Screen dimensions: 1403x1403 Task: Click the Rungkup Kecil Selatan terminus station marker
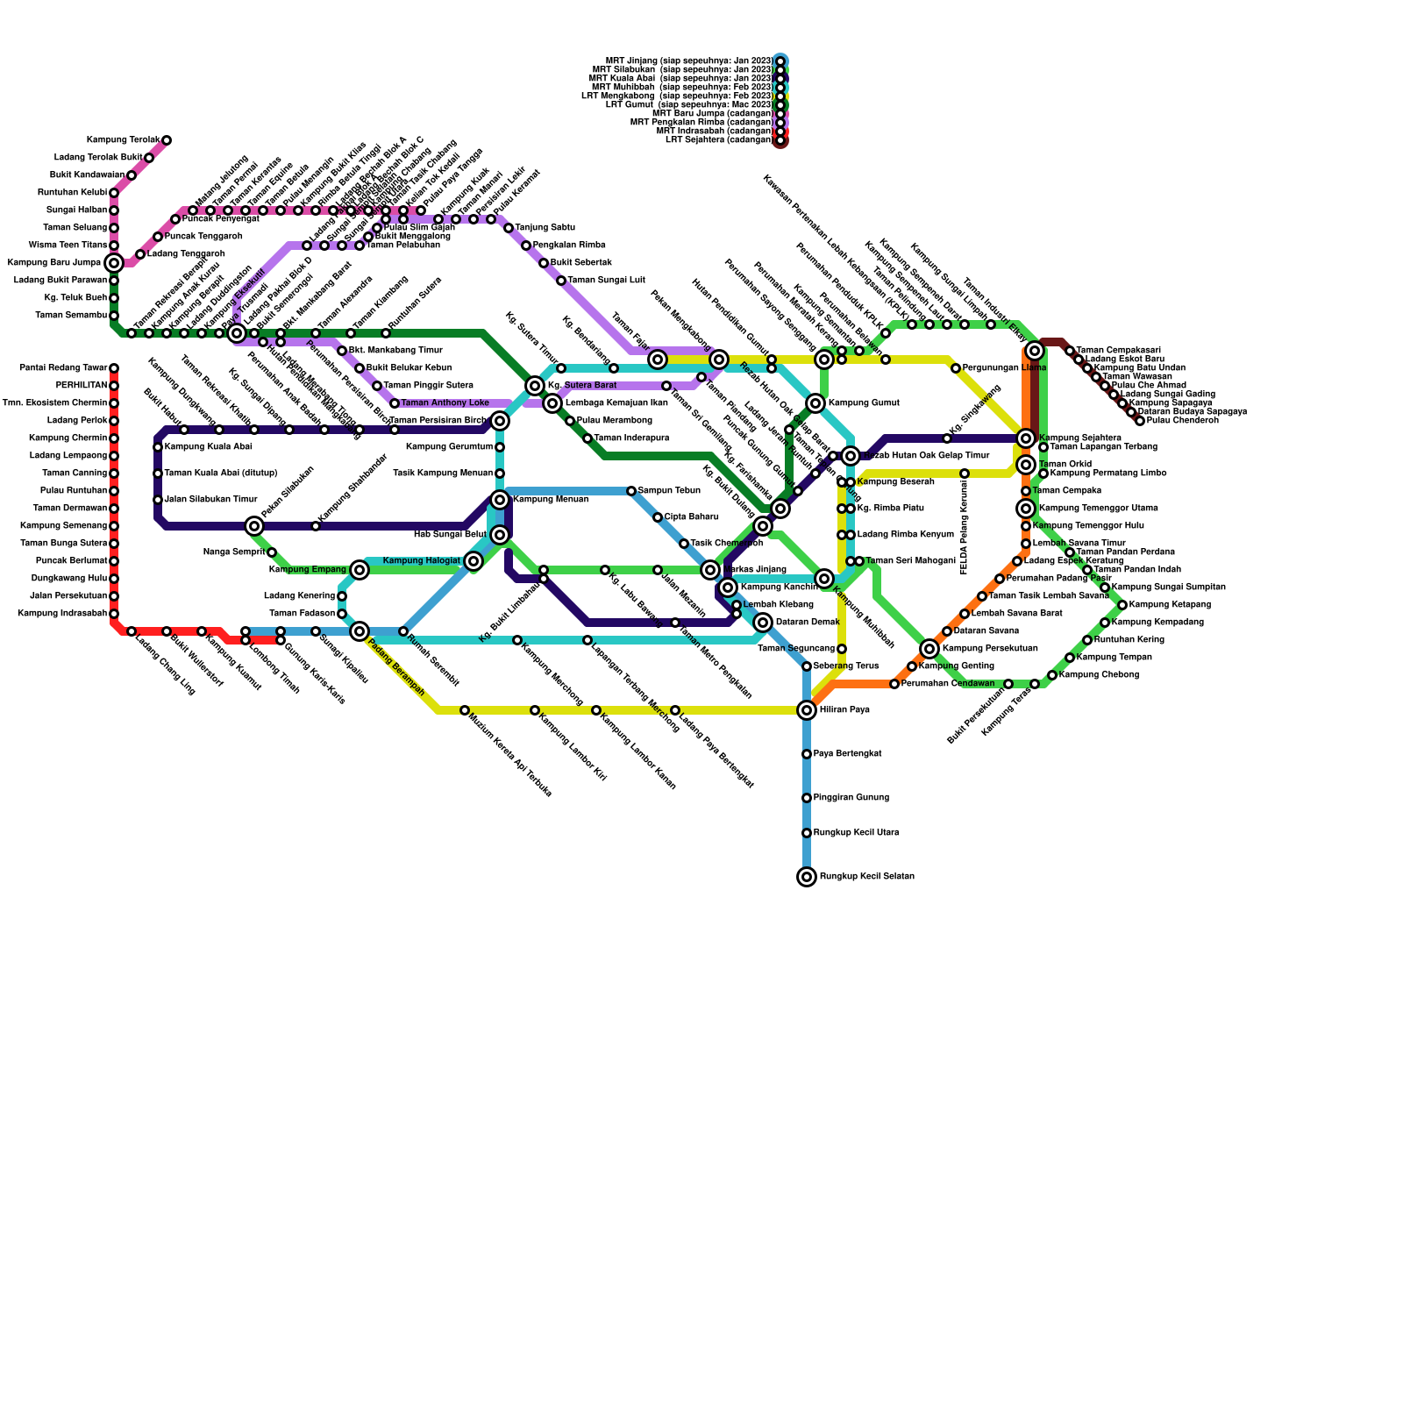[x=807, y=877]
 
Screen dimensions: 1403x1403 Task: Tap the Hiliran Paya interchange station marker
[x=807, y=710]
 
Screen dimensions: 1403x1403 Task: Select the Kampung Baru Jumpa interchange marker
[x=114, y=263]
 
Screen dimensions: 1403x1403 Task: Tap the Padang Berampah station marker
[x=360, y=631]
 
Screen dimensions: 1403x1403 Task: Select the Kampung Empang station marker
[x=360, y=570]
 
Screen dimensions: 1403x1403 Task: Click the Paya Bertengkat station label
[x=847, y=754]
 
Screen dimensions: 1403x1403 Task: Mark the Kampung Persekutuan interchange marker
[x=929, y=649]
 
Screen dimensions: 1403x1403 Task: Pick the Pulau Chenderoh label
[x=1182, y=421]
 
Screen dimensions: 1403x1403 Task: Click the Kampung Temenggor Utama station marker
[x=1026, y=509]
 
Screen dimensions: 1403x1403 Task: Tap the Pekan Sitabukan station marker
[x=254, y=526]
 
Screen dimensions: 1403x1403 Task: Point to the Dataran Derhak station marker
[x=763, y=623]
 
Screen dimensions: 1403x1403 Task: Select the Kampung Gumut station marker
[x=815, y=403]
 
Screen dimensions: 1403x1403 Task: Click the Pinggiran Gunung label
[x=851, y=798]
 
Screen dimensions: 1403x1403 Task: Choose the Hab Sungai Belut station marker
[x=500, y=535]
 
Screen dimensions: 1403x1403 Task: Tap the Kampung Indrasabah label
[x=62, y=614]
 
